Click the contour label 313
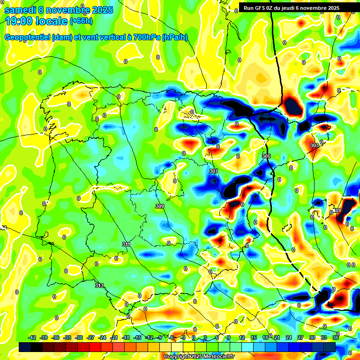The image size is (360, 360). (99, 285)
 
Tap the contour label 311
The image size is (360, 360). (126, 244)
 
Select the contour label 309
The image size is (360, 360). (160, 206)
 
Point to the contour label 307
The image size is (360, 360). (214, 171)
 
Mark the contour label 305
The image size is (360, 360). (266, 156)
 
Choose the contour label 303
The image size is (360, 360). (315, 146)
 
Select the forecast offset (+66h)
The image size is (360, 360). (81, 21)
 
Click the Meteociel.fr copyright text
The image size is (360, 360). (199, 357)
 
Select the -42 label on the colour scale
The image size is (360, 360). (32, 338)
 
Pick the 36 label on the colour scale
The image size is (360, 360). (336, 338)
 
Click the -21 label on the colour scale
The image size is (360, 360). (114, 338)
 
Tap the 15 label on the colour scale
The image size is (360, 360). (254, 338)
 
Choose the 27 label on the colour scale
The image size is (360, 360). (300, 338)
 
